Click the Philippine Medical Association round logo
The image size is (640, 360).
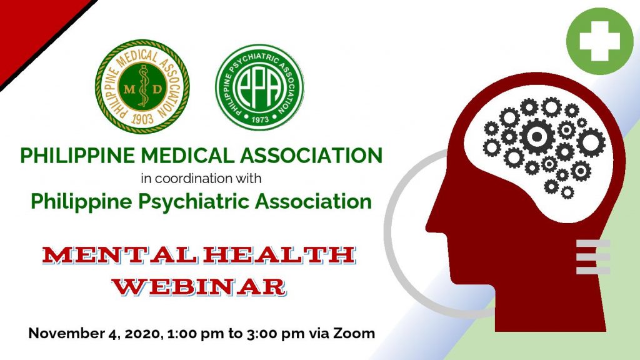click(x=142, y=86)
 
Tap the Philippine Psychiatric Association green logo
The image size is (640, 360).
click(x=259, y=87)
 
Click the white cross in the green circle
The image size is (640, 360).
click(x=599, y=41)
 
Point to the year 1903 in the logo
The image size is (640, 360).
click(x=142, y=119)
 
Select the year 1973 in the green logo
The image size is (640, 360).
click(x=260, y=119)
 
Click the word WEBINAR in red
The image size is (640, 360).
click(x=199, y=286)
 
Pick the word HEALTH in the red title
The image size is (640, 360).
click(x=279, y=255)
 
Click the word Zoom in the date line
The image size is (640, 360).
click(x=354, y=333)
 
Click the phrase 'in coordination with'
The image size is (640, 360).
click(x=201, y=179)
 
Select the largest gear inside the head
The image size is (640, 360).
click(x=537, y=136)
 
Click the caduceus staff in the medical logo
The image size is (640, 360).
click(x=142, y=86)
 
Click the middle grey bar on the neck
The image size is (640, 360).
click(x=593, y=257)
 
